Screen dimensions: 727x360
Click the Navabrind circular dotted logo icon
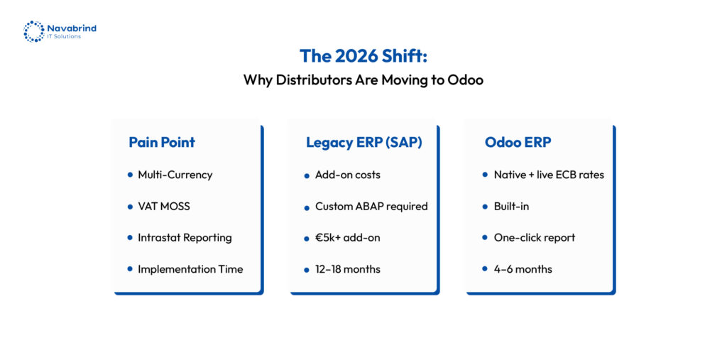coord(34,31)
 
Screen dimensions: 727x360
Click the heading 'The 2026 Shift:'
coord(363,55)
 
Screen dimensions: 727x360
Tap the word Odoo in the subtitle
coord(466,80)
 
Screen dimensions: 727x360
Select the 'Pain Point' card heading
coord(162,143)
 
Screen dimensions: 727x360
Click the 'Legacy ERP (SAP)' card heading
coord(364,143)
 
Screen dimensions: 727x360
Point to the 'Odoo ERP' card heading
coord(518,143)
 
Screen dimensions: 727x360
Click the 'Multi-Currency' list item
coord(175,175)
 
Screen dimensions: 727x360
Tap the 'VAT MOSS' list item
coord(164,207)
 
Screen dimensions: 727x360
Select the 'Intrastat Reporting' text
coord(185,238)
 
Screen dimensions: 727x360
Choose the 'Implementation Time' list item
coord(190,269)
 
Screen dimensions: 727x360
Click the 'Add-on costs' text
coord(347,175)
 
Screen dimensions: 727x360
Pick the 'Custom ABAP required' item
coord(371,207)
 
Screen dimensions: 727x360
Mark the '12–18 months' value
coord(347,269)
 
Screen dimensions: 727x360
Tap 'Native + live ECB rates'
coord(549,175)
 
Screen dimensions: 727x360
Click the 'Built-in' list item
coord(511,207)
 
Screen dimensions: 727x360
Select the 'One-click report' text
coord(534,238)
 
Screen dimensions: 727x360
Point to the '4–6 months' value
coord(523,269)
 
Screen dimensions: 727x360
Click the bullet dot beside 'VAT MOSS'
coord(130,207)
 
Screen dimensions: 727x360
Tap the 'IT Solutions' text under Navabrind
coord(64,37)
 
